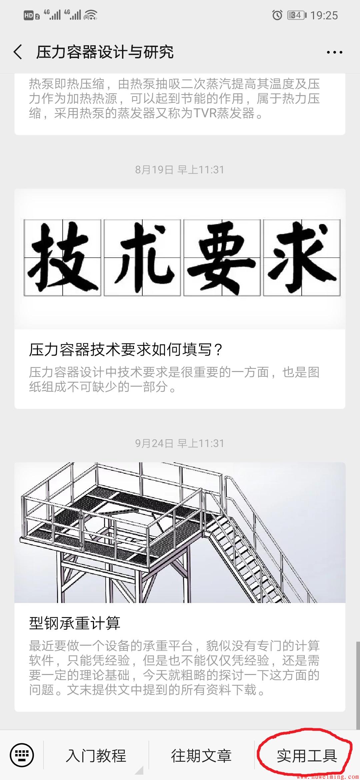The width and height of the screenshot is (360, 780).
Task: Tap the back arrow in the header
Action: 18,52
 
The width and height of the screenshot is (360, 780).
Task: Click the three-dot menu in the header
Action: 334,52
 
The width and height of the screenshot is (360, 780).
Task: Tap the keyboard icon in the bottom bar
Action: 22,755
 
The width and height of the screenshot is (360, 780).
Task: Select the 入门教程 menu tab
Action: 96,756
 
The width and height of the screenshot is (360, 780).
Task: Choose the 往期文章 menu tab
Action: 201,756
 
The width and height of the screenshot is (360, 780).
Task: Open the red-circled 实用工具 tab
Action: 307,756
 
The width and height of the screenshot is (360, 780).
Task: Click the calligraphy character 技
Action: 63,258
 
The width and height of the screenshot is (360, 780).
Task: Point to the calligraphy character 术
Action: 142,258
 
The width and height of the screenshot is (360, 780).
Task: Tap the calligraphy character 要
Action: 222,258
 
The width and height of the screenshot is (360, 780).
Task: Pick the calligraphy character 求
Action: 302,258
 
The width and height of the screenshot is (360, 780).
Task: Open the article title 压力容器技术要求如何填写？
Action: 126,350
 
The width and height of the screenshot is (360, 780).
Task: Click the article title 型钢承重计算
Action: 75,623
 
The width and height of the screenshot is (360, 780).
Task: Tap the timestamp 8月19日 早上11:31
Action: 180,170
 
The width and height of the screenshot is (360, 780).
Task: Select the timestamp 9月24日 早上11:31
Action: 180,443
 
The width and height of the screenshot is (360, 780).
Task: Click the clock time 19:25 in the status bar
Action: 324,15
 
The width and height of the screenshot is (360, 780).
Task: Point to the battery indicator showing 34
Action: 296,15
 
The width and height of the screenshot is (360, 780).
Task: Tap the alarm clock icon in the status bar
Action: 277,15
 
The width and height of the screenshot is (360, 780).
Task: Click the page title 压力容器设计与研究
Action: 105,52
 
